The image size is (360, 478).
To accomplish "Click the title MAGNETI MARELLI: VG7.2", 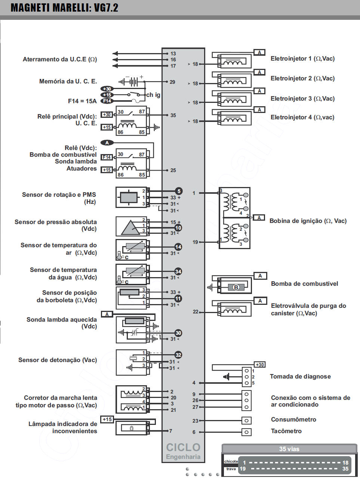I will [64, 7].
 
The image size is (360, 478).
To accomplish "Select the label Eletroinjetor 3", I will [302, 99].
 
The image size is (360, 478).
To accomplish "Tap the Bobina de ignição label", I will [308, 221].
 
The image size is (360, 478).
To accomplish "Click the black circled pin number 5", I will [179, 191].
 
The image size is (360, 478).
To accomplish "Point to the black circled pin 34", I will [178, 272].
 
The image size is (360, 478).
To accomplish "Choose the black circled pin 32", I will [178, 355].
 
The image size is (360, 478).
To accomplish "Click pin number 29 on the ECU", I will [172, 82].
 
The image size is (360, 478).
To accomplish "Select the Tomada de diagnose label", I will [300, 377].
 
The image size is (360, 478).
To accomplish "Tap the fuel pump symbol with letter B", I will [236, 287].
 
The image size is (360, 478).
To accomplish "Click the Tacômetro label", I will [286, 431].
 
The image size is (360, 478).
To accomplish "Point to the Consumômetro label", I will [293, 420].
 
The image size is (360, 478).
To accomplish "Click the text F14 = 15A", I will [82, 101].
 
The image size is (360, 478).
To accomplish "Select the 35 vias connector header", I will [289, 449].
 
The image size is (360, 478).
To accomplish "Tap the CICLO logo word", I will [183, 447].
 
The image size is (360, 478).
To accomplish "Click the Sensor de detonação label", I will [58, 360].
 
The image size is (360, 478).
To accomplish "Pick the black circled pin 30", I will [178, 333].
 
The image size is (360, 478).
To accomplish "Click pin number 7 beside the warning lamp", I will [171, 431].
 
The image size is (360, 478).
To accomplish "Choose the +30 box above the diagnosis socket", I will [259, 365].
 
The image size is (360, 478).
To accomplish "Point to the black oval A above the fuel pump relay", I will [107, 143].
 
